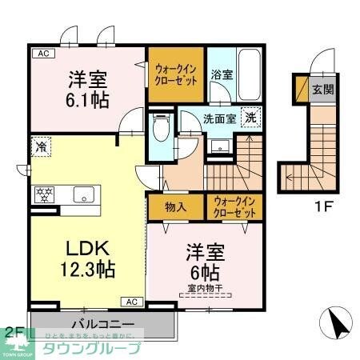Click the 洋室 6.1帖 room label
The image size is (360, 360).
(88, 89)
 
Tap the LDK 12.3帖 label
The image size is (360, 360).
(80, 256)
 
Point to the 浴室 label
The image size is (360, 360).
(222, 74)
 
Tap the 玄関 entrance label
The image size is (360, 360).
(323, 88)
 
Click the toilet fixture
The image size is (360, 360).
(160, 126)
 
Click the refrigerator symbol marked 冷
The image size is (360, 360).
(39, 147)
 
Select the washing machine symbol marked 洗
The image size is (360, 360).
(251, 115)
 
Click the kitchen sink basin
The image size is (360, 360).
(84, 194)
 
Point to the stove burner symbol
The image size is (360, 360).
(42, 194)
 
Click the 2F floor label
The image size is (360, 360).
(14, 330)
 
